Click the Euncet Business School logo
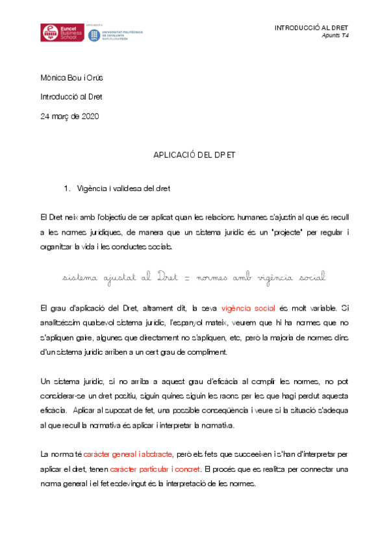click(x=59, y=33)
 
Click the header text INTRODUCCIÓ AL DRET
click(x=311, y=28)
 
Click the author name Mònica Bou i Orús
click(x=71, y=79)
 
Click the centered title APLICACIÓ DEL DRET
click(x=194, y=157)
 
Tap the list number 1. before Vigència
click(x=67, y=189)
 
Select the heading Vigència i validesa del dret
click(x=123, y=189)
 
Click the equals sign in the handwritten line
click(x=184, y=277)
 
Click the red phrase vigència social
click(x=248, y=308)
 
